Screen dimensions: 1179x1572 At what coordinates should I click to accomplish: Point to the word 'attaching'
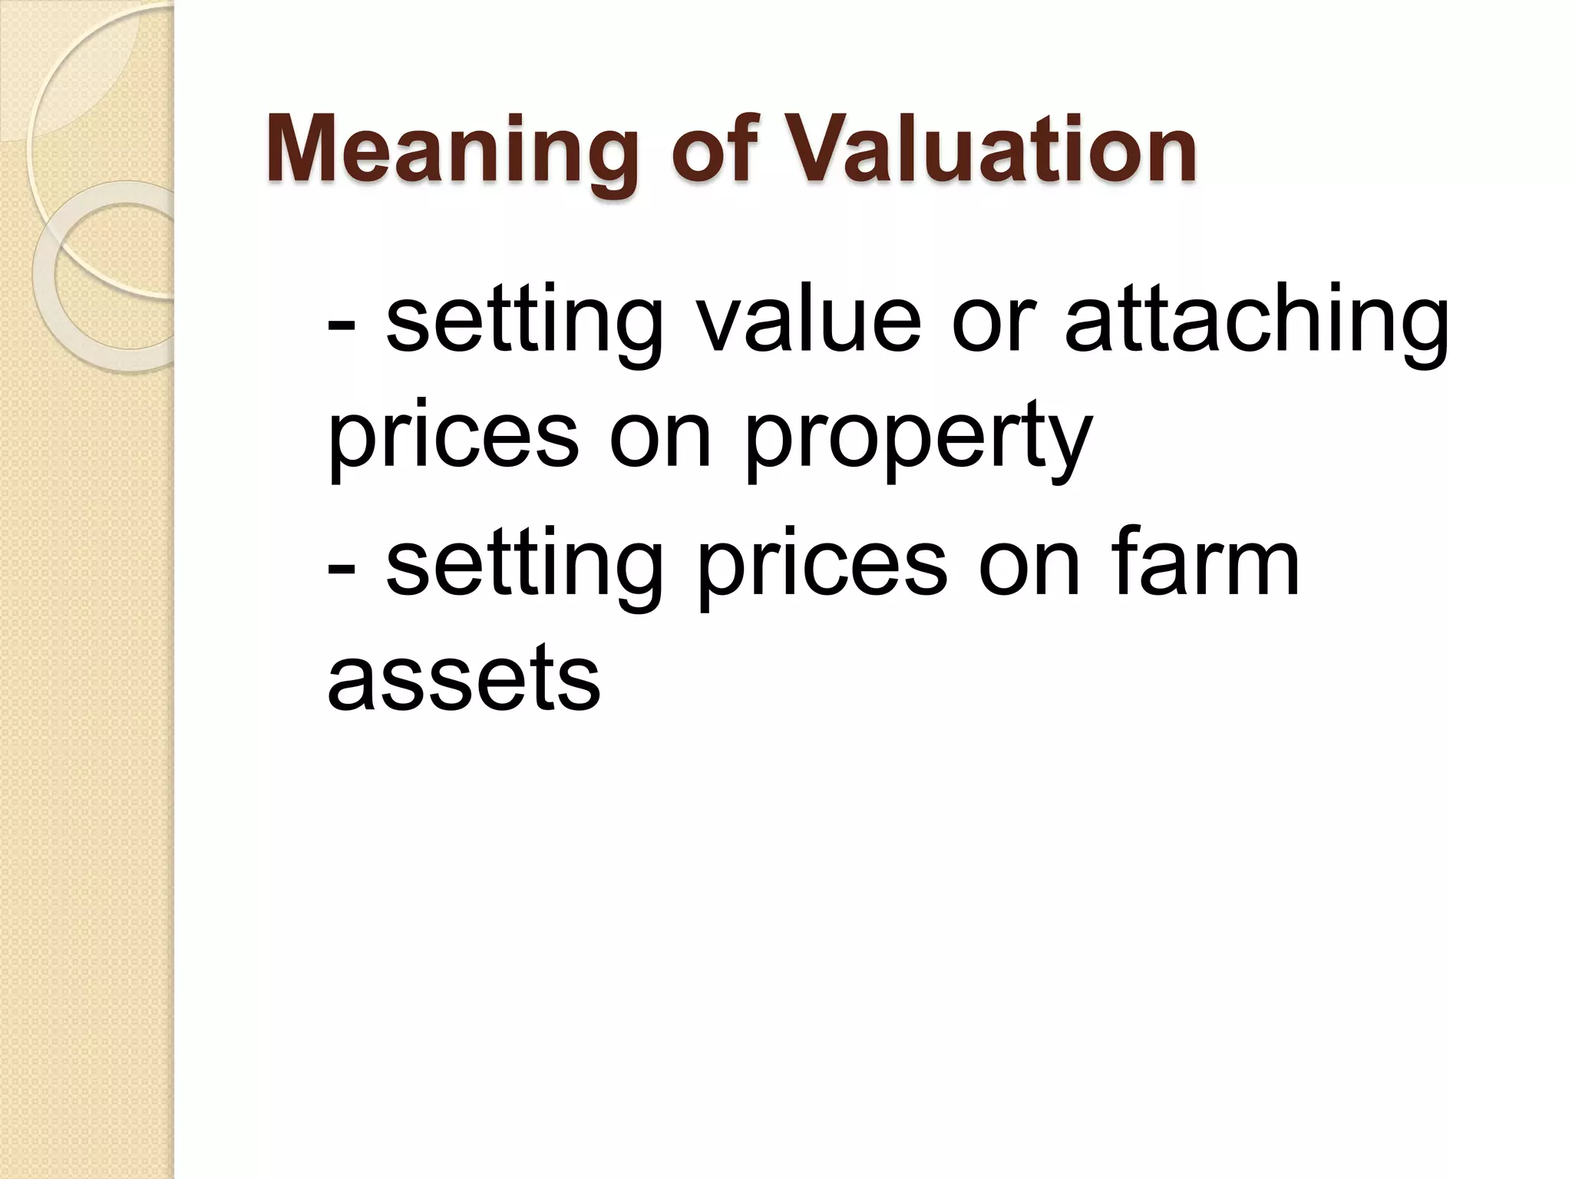coord(1257,322)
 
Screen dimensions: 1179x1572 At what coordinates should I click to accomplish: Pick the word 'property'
coord(917,440)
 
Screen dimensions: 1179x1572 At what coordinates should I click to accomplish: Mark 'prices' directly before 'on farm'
coord(821,566)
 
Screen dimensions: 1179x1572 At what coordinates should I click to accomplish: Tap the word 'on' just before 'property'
coord(661,440)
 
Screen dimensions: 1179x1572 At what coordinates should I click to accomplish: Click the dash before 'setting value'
coord(340,322)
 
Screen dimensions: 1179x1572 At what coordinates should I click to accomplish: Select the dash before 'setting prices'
coord(340,566)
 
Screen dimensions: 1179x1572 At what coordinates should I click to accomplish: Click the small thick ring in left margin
coord(107,276)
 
